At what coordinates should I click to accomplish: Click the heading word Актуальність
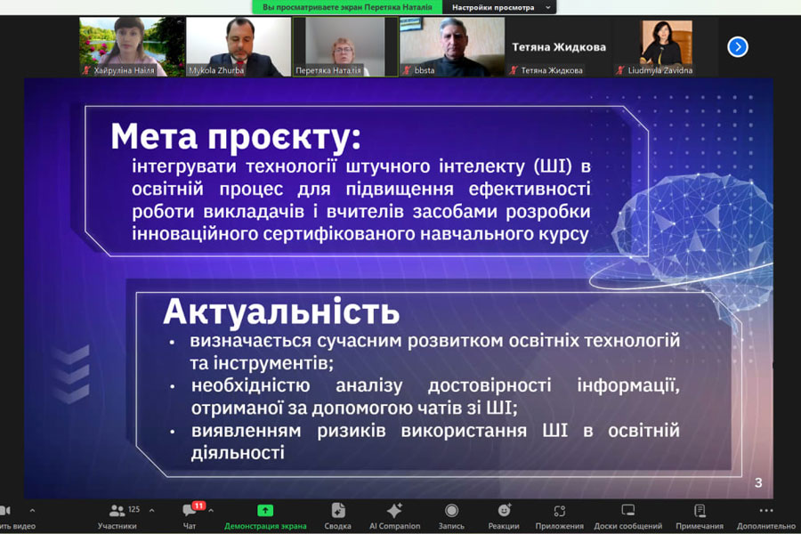[281, 312]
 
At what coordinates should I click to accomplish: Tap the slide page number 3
[758, 482]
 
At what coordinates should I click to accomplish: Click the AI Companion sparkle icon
[394, 510]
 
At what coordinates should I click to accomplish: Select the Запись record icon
[451, 510]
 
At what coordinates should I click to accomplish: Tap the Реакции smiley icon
[505, 510]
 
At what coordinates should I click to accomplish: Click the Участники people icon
[117, 510]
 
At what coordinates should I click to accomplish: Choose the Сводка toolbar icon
[338, 510]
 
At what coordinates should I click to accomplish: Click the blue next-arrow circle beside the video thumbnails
[737, 47]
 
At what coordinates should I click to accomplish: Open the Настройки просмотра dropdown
[499, 7]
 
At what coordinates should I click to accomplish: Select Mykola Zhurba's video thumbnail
[239, 47]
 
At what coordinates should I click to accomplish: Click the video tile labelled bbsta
[452, 47]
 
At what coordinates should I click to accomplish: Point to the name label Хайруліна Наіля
[124, 70]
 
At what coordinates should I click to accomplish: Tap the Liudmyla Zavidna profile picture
[667, 43]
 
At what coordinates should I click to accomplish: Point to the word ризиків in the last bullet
[351, 431]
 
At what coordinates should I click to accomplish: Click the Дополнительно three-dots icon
[765, 510]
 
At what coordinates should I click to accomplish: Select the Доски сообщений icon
[627, 510]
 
